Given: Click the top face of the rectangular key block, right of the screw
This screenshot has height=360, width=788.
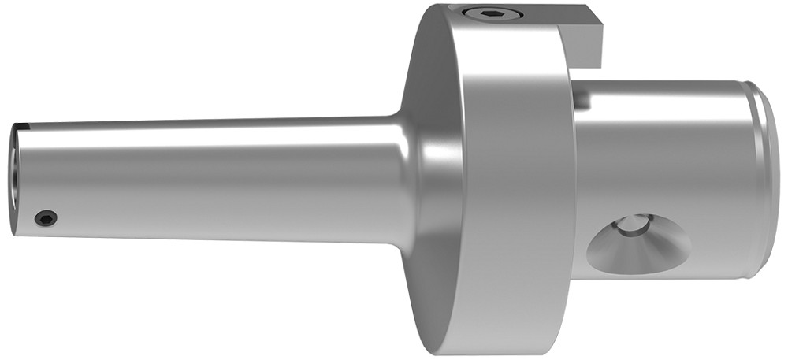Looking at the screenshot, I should [552, 17].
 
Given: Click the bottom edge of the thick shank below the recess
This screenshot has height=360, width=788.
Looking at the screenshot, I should [662, 276].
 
